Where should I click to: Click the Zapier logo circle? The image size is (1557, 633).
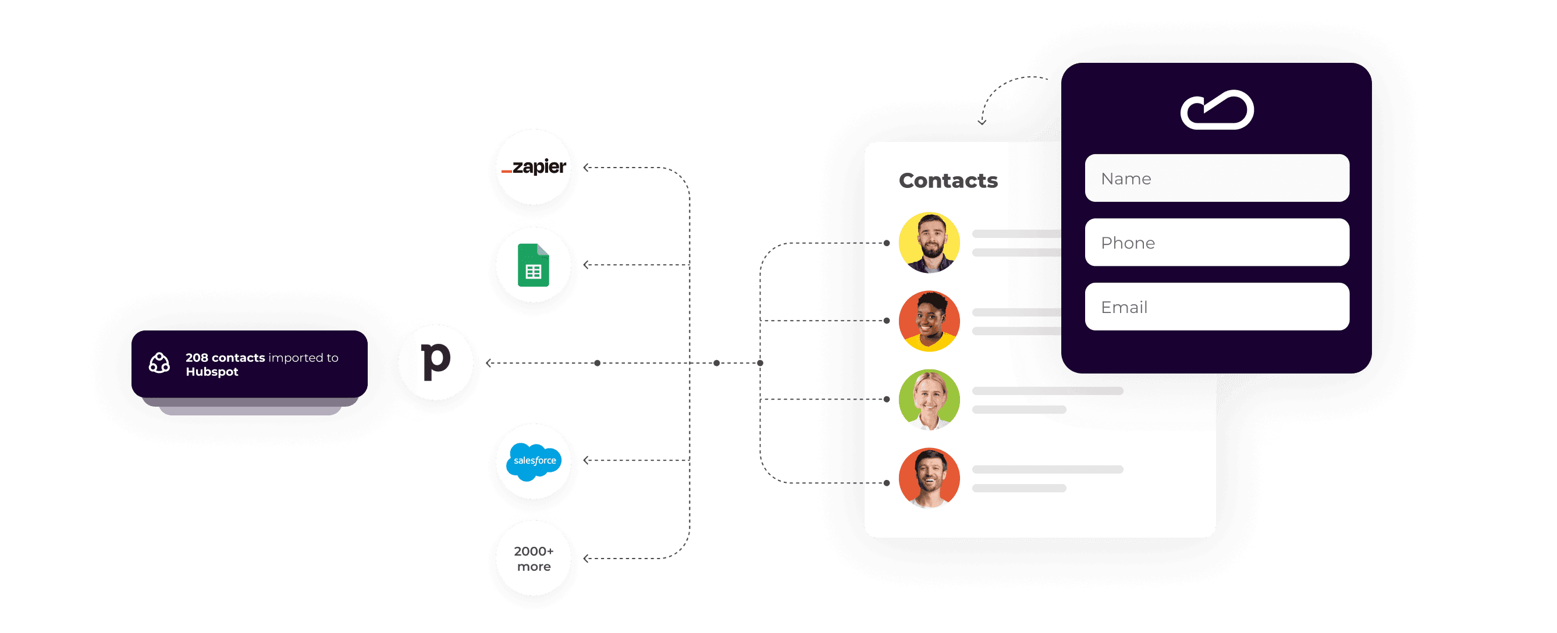[x=533, y=167]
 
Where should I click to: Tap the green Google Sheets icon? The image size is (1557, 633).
[x=533, y=265]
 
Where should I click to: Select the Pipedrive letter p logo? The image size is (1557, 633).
[x=435, y=362]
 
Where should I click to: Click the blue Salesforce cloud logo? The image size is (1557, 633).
[x=533, y=461]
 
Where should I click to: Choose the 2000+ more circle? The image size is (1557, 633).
[x=533, y=558]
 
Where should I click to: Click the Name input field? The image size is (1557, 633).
[x=1216, y=179]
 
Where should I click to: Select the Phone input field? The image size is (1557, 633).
[x=1216, y=243]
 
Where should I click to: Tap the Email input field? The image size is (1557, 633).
[x=1216, y=307]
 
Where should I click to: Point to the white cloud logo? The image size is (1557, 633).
[x=1217, y=110]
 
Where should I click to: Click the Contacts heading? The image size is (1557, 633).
[x=948, y=180]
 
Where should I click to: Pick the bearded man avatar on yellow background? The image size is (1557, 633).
[x=929, y=243]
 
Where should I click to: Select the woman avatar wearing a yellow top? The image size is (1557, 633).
[x=929, y=321]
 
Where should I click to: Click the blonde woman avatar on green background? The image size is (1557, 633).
[x=929, y=400]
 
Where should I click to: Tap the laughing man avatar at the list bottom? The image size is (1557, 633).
[x=929, y=478]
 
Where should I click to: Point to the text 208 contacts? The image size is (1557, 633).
[x=225, y=357]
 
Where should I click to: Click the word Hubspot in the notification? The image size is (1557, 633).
[x=212, y=372]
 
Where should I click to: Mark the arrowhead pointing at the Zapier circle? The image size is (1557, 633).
[x=585, y=168]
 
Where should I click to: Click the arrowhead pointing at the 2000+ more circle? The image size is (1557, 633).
[x=585, y=559]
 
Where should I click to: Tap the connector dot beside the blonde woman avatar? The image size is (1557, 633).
[x=887, y=399]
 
